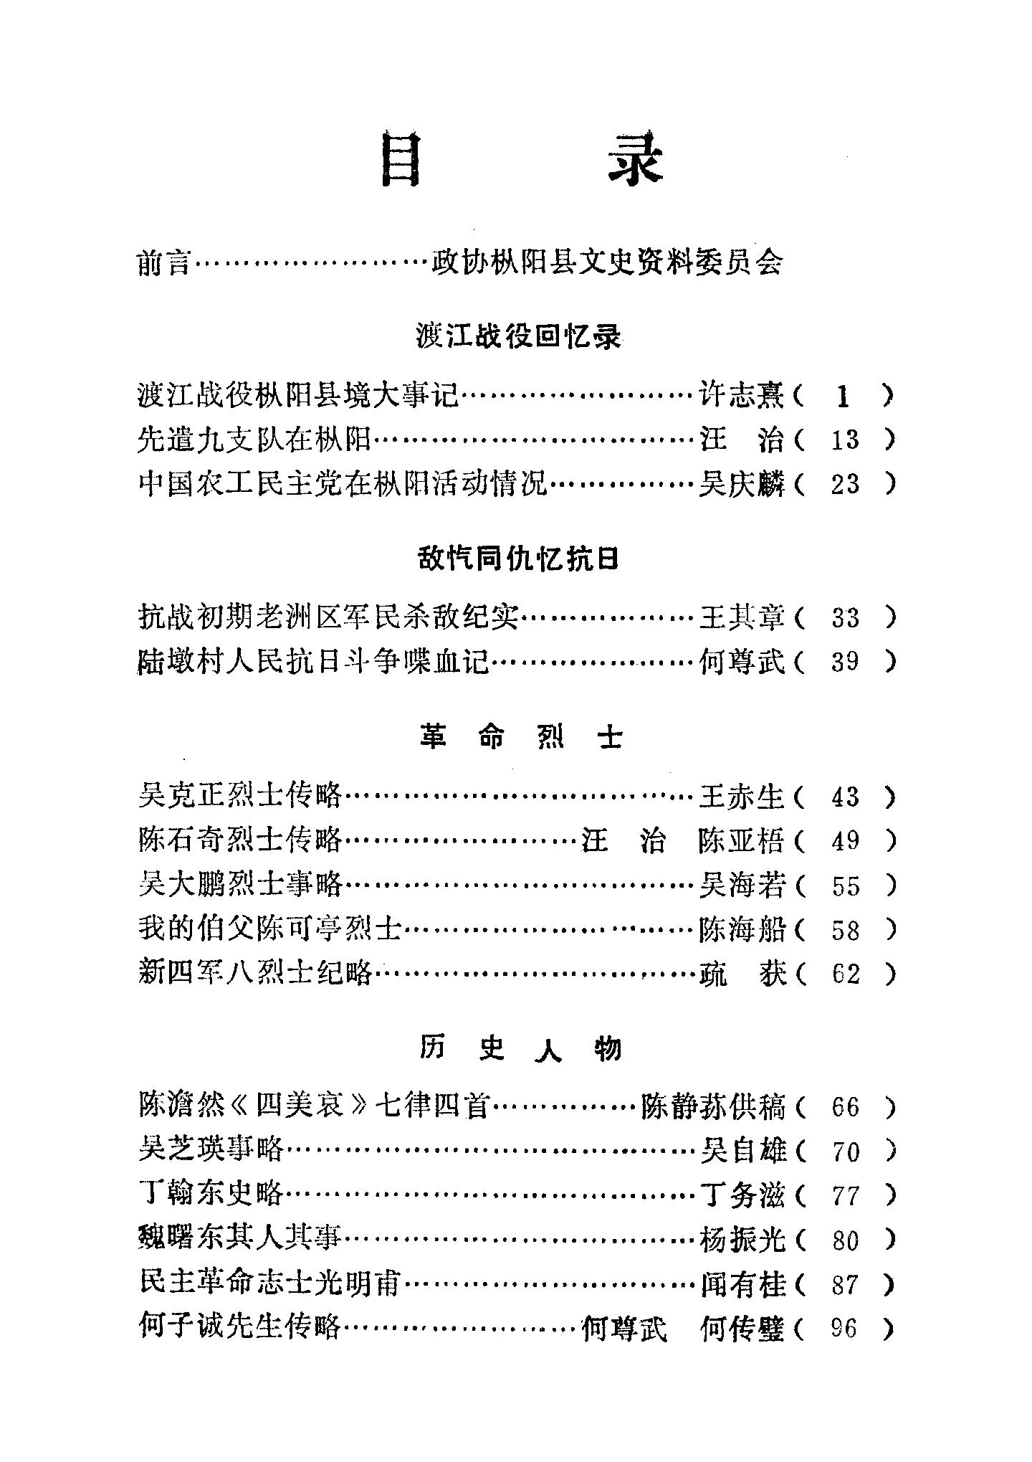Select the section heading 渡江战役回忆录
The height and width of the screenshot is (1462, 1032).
[517, 336]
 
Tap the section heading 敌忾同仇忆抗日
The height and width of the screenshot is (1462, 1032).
[517, 559]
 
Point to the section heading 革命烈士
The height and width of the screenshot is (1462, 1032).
[520, 737]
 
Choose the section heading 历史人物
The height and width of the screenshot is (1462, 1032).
[520, 1049]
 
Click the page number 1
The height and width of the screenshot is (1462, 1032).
[843, 396]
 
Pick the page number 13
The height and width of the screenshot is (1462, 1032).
[844, 440]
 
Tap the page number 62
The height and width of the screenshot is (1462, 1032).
[845, 974]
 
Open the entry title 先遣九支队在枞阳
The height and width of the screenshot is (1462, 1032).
[254, 440]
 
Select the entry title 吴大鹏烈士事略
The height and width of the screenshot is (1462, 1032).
[240, 886]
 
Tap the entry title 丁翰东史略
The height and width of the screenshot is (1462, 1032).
[211, 1195]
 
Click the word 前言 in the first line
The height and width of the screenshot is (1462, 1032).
[164, 263]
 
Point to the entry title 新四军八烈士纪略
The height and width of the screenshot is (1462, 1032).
[254, 974]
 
